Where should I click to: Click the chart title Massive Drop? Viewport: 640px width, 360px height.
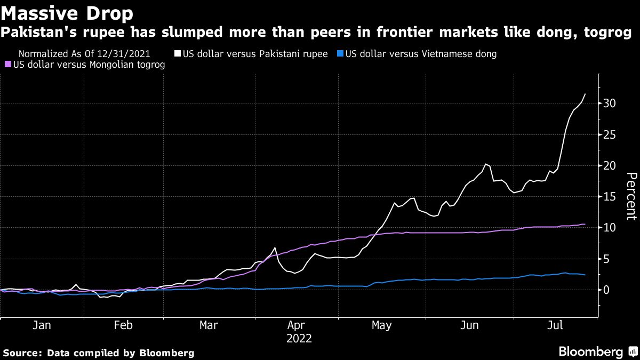click(67, 12)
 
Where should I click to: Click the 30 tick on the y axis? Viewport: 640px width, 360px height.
click(610, 103)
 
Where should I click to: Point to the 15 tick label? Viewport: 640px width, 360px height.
click(610, 197)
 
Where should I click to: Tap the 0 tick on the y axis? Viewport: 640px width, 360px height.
click(607, 290)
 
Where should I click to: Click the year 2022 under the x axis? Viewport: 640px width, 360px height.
click(299, 339)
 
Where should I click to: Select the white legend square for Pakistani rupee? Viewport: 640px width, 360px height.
click(178, 54)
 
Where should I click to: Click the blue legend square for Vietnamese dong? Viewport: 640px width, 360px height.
click(341, 54)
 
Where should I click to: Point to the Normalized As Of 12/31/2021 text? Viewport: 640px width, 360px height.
click(84, 54)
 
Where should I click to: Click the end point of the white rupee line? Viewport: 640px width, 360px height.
click(585, 94)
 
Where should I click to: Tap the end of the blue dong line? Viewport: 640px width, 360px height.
click(585, 275)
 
